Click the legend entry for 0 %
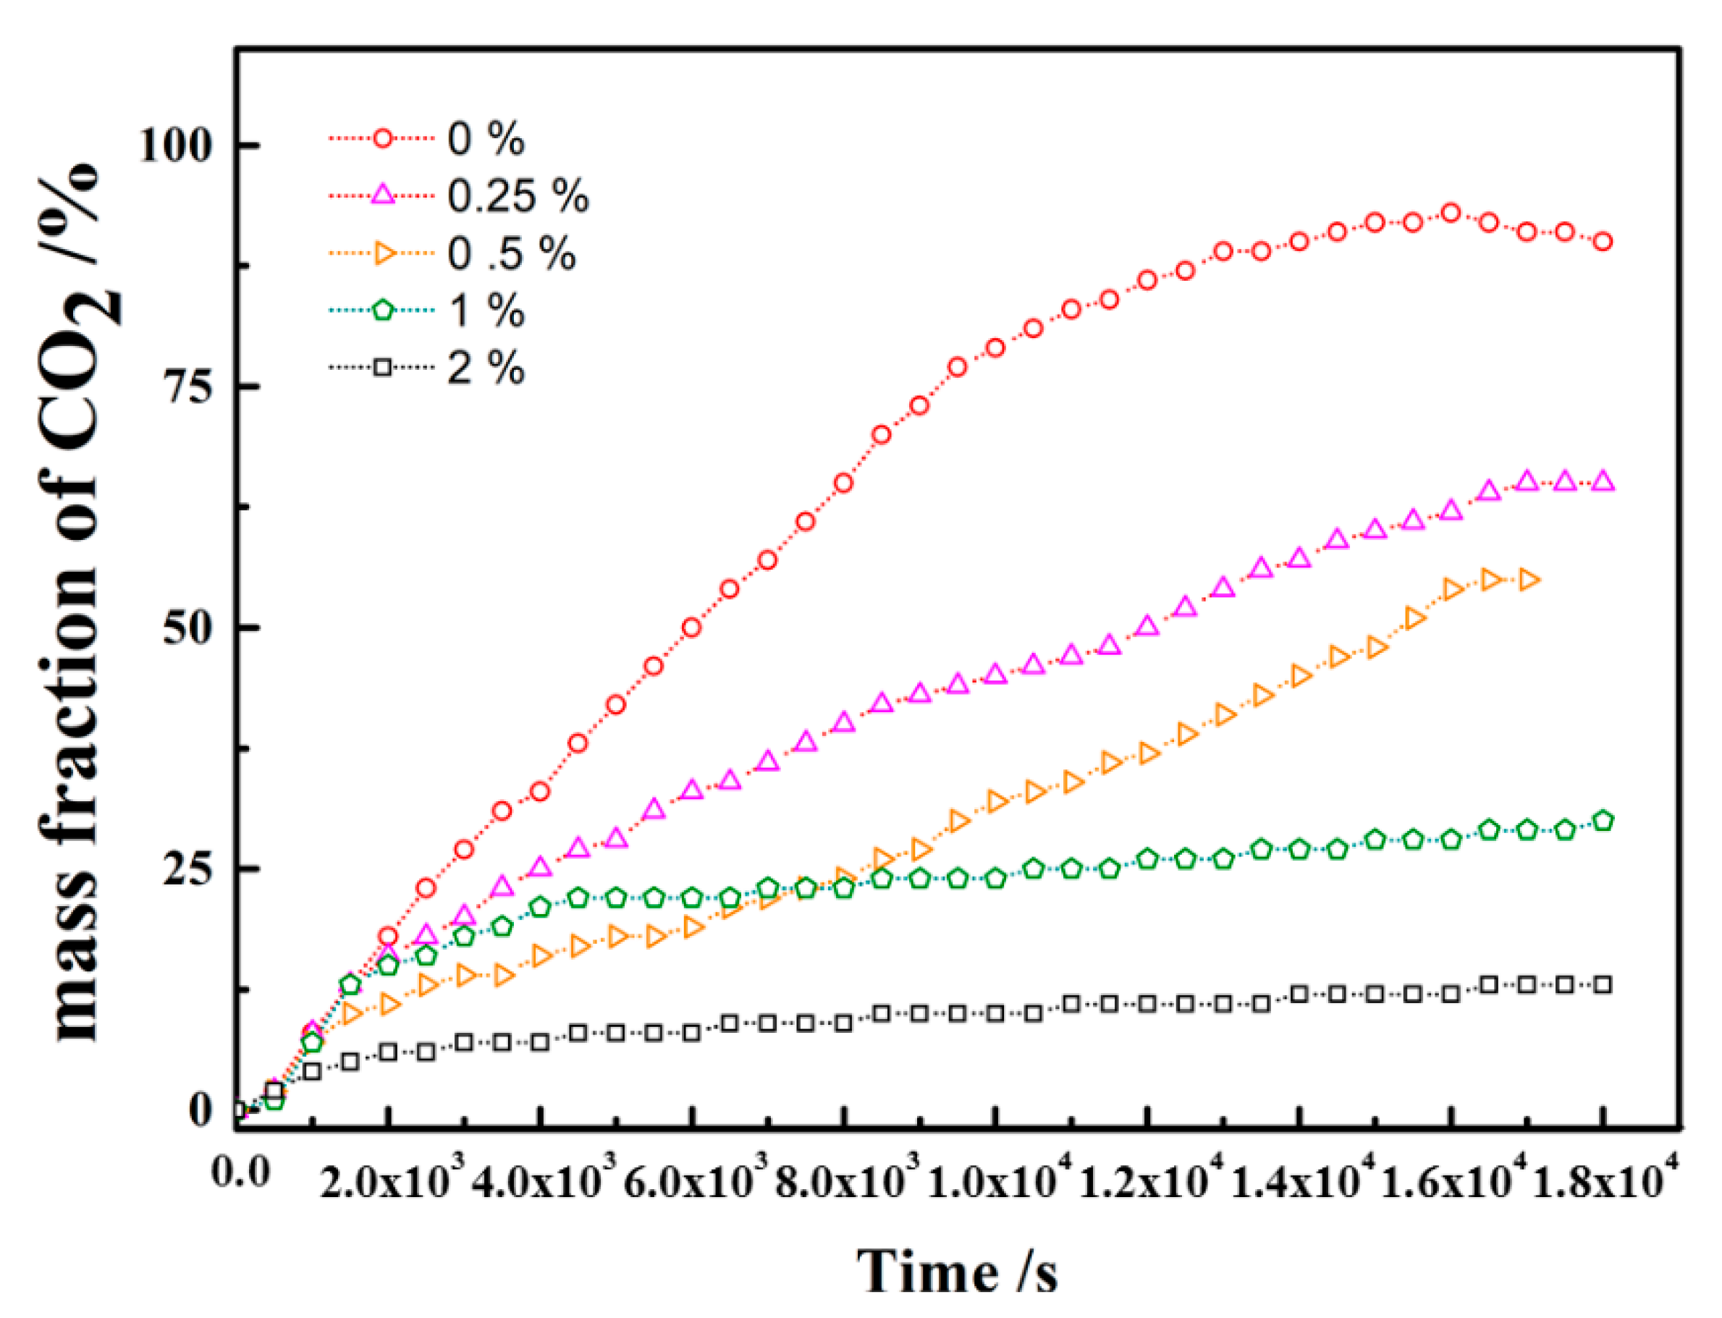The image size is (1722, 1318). tap(485, 139)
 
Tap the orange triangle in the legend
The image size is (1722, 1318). tap(384, 253)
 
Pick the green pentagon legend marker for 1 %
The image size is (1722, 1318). tap(382, 310)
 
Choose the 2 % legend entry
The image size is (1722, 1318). tap(485, 367)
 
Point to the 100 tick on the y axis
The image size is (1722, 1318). tap(176, 146)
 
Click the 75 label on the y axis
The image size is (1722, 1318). tap(188, 386)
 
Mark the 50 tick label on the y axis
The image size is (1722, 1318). tap(188, 628)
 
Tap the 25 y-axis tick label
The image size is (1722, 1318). tap(188, 869)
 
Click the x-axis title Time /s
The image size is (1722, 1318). tap(956, 1271)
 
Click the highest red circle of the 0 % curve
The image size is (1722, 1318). tap(1451, 213)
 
